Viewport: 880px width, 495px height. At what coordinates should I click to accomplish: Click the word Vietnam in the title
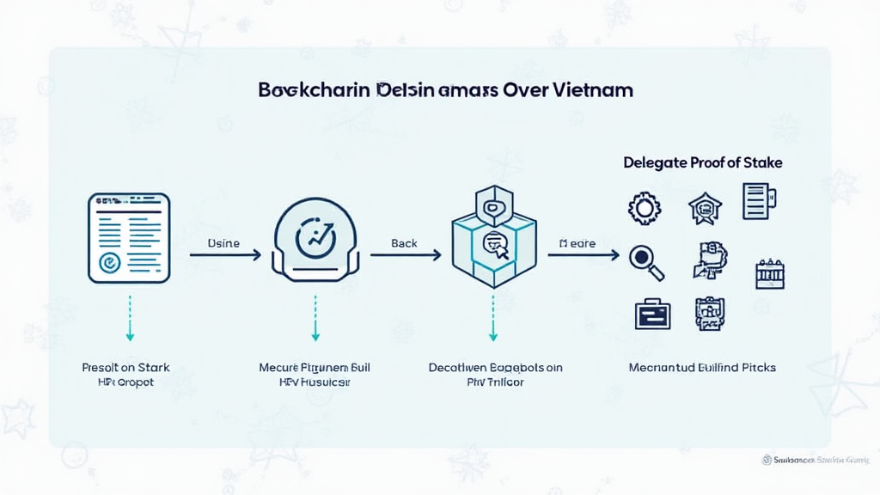point(594,89)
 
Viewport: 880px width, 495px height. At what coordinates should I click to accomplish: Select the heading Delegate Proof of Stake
point(703,162)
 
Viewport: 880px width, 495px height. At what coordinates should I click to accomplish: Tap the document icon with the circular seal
point(129,238)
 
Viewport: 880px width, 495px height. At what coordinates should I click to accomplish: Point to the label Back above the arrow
point(404,243)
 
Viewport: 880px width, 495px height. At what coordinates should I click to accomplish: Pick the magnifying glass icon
point(646,263)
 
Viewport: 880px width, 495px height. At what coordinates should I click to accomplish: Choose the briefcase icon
point(651,314)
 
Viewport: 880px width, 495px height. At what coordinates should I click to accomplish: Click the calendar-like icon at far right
point(770,274)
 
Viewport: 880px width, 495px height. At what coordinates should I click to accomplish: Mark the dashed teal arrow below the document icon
point(129,318)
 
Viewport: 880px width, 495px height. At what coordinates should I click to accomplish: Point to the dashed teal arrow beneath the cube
point(493,318)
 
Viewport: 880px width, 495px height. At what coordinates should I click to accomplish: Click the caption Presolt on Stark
point(125,367)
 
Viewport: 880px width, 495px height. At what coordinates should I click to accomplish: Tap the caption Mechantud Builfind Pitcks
point(702,367)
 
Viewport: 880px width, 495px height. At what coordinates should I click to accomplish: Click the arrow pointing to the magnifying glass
point(584,255)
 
